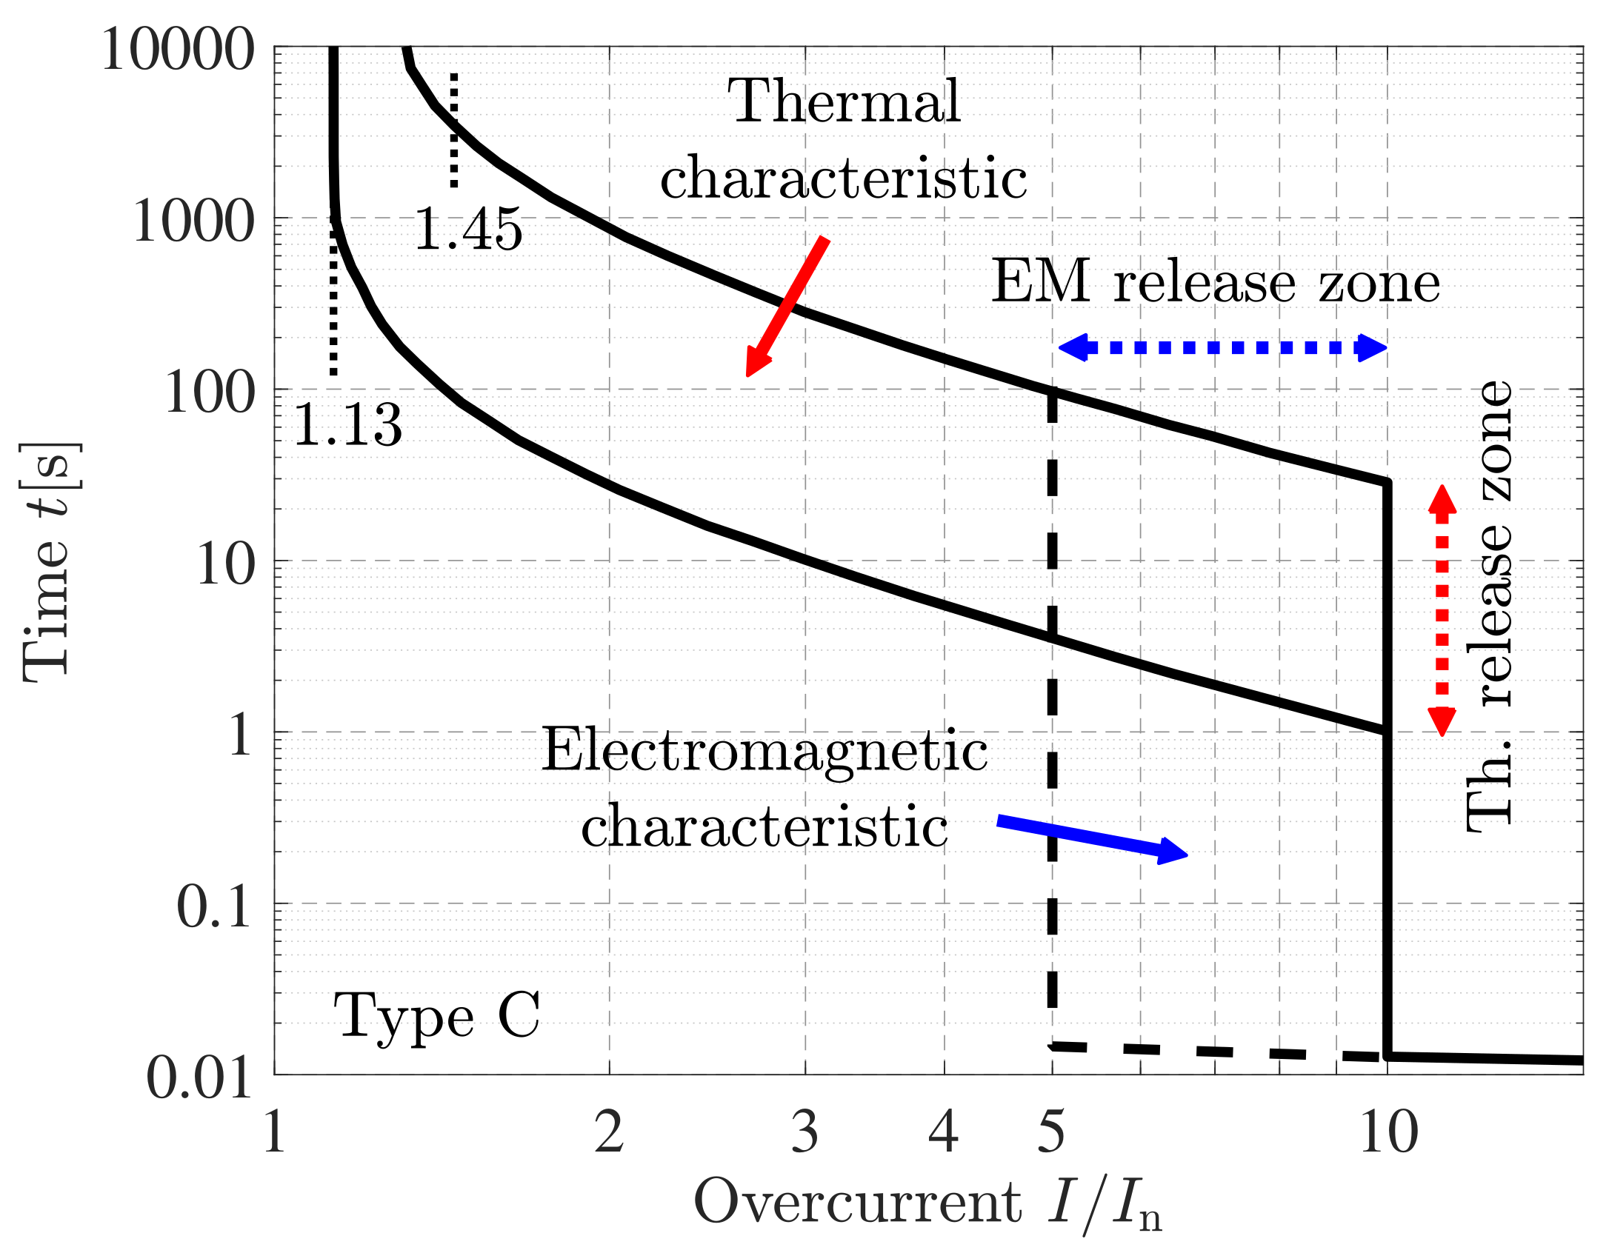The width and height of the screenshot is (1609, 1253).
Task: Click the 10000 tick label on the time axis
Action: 178,50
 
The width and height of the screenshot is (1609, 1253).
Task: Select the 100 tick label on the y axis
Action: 209,392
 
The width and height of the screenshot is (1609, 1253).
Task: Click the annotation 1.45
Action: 468,230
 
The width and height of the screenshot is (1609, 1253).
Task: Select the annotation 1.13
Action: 348,425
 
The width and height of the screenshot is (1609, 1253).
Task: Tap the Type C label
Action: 437,1017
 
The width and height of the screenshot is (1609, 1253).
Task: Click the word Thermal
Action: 845,101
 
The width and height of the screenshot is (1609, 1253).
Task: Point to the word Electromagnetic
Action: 764,751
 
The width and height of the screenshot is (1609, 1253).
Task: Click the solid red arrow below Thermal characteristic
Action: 787,307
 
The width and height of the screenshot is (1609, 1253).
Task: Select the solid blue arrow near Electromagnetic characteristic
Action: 1092,838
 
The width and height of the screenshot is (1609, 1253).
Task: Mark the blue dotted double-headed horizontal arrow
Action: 1222,347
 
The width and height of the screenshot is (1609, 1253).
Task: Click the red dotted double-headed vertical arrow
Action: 1442,610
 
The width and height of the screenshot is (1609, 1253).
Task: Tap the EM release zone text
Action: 1215,283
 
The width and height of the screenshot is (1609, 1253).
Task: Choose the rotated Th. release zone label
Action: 1489,607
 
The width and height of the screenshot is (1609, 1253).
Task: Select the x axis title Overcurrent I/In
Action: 926,1204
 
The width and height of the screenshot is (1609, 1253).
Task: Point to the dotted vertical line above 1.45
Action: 454,130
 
